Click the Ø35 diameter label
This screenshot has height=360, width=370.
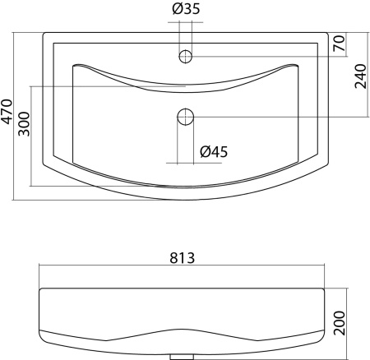click(x=186, y=9)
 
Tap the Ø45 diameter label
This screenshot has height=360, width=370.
click(x=214, y=152)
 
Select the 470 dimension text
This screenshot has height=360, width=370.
click(x=7, y=112)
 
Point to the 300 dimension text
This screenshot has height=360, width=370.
click(x=24, y=124)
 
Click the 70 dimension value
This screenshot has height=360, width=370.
click(x=339, y=44)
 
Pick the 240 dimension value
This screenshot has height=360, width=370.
click(x=360, y=76)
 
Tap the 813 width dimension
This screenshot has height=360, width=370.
click(x=182, y=258)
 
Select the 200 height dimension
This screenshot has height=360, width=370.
click(x=340, y=323)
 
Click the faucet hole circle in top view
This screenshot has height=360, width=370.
click(x=186, y=57)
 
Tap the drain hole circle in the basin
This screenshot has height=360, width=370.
click(x=186, y=117)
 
